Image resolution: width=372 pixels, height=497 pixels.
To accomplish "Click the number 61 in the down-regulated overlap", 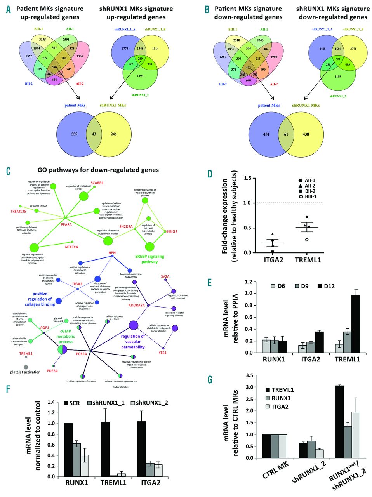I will (x=286, y=134).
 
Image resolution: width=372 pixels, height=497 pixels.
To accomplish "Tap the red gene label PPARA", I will (x=66, y=224).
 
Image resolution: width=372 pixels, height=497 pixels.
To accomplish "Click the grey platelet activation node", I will (x=26, y=367).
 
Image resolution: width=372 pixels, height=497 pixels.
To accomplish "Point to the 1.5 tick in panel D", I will (x=246, y=178).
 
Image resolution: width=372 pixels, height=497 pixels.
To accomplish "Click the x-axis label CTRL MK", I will (x=273, y=471).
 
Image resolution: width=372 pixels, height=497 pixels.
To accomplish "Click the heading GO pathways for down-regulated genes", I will (x=98, y=170).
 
